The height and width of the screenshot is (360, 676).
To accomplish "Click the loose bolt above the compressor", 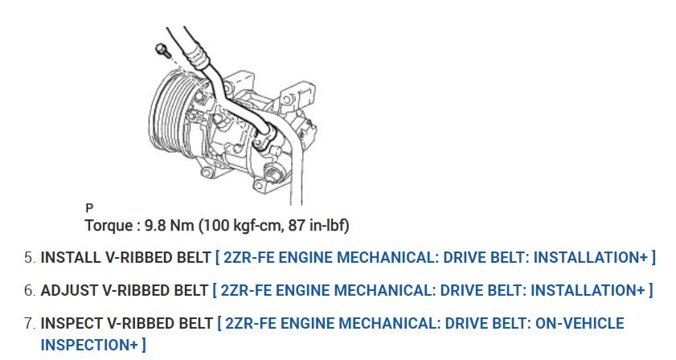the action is (x=162, y=50).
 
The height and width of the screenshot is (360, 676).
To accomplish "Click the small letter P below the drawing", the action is (x=89, y=208).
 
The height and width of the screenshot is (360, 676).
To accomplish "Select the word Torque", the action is (x=109, y=226).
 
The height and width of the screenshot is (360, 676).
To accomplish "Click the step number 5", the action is (x=29, y=258).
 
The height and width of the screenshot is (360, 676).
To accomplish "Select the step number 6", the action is (x=29, y=291).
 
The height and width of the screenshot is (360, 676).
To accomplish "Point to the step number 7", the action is (x=29, y=323).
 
